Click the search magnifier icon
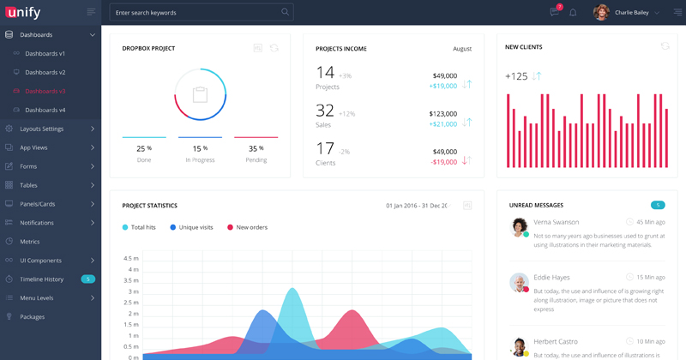[x=286, y=12]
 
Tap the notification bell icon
[x=573, y=13]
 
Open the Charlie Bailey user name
[x=632, y=13]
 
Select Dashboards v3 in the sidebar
[x=45, y=91]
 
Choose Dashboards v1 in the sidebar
[x=45, y=53]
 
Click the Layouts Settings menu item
[x=42, y=129]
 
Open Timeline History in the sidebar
[x=42, y=279]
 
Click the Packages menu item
[x=33, y=317]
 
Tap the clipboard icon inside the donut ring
[x=200, y=94]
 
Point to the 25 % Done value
[x=143, y=148]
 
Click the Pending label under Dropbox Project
[x=256, y=160]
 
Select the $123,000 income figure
[x=442, y=113]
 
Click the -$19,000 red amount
[x=443, y=162]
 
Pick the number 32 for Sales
[x=325, y=111]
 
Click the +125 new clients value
[x=516, y=76]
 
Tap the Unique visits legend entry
[x=196, y=227]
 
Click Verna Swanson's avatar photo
[x=519, y=227]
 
